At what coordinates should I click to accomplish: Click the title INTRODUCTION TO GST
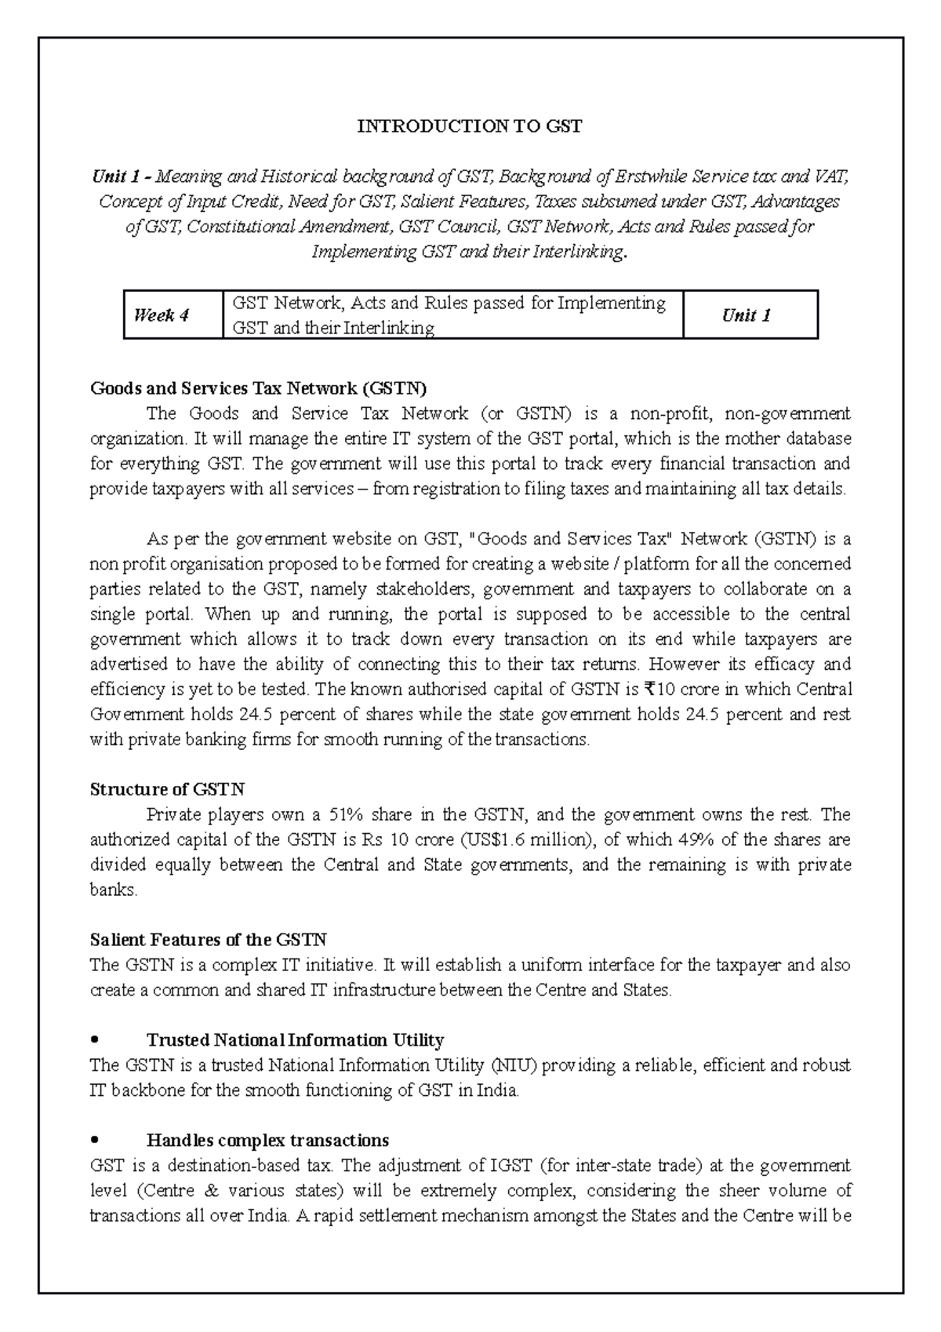point(470,126)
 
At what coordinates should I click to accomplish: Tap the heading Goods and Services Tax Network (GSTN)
point(259,388)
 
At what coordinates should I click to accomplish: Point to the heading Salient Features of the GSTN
point(208,940)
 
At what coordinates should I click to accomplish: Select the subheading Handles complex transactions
point(267,1140)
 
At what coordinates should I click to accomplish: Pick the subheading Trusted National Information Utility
point(295,1040)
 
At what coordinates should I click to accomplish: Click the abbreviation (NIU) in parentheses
point(514,1065)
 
